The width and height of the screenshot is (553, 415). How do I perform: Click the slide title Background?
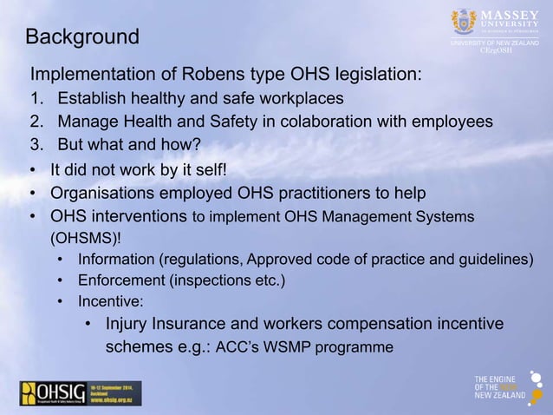coord(82,37)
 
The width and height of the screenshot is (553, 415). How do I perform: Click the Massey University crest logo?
coord(464,22)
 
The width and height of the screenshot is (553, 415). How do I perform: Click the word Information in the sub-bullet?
coord(117,260)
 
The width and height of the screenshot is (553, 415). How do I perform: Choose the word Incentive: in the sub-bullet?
coord(110,303)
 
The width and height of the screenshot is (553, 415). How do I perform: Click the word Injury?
coord(127,326)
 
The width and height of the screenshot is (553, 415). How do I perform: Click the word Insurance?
coord(194,326)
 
